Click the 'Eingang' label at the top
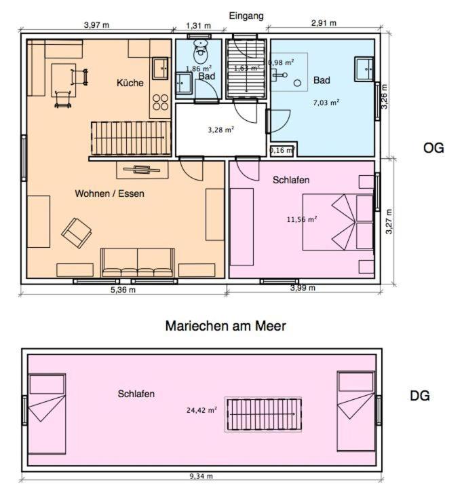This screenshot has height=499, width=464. pyautogui.click(x=246, y=16)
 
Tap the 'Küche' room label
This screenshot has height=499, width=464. pyautogui.click(x=130, y=83)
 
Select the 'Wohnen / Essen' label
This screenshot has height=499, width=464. pyautogui.click(x=109, y=193)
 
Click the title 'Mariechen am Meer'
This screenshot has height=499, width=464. pyautogui.click(x=226, y=326)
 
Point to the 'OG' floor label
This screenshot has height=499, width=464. pyautogui.click(x=433, y=148)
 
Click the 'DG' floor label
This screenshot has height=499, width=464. pyautogui.click(x=420, y=396)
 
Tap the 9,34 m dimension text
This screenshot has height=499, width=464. pyautogui.click(x=201, y=476)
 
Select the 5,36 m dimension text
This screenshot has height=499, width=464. pyautogui.click(x=123, y=290)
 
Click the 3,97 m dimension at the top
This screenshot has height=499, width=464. pyautogui.click(x=97, y=25)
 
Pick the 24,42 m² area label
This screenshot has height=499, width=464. pyautogui.click(x=201, y=410)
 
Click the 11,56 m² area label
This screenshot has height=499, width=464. pyautogui.click(x=302, y=219)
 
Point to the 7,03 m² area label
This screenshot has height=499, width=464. pyautogui.click(x=326, y=103)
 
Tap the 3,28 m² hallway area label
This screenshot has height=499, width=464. pyautogui.click(x=221, y=130)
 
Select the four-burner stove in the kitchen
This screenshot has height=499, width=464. pyautogui.click(x=161, y=102)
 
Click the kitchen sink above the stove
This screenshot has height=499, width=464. pyautogui.click(x=160, y=69)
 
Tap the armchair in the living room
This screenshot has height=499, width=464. pyautogui.click(x=77, y=233)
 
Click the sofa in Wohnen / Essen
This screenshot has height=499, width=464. pyautogui.click(x=138, y=263)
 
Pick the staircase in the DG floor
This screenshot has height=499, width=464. pyautogui.click(x=263, y=414)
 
